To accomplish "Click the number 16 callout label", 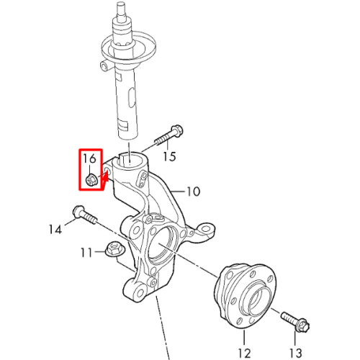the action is (89, 158).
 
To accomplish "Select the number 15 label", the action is (169, 156).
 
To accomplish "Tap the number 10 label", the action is (193, 192).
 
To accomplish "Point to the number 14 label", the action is (55, 230).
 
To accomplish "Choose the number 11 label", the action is (86, 253).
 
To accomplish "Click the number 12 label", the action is (245, 353).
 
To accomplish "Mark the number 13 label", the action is (295, 353).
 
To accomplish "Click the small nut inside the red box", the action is (91, 180).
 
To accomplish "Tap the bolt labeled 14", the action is (85, 215).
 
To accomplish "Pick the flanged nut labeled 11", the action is (115, 249).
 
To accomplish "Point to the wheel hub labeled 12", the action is (245, 297).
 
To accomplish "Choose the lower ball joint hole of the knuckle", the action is (140, 292).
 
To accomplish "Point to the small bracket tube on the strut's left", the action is (104, 65).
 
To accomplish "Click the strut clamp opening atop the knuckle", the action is (130, 161).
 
